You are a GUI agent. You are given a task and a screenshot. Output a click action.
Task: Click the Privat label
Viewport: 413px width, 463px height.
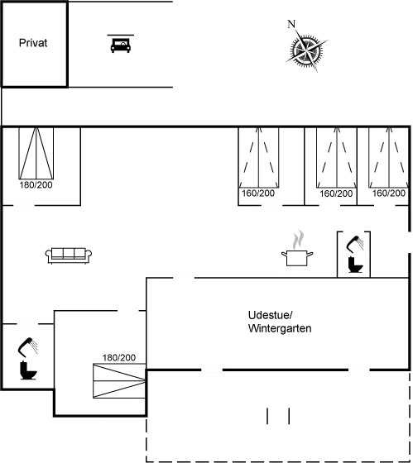click(33, 43)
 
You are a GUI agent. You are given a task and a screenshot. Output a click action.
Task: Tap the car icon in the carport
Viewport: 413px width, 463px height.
click(120, 45)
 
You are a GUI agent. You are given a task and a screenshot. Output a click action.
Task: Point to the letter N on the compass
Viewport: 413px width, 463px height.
click(291, 24)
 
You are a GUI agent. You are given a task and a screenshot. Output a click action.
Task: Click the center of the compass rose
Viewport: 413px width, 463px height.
click(306, 50)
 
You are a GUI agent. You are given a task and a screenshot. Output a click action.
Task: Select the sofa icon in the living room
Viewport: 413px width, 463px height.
click(69, 255)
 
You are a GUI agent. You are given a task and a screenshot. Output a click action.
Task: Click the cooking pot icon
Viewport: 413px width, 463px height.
click(297, 258)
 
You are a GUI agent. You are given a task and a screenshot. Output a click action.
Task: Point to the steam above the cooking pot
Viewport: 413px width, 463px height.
click(298, 239)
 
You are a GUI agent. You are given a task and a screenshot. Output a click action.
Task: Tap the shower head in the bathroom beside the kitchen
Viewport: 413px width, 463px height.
click(356, 244)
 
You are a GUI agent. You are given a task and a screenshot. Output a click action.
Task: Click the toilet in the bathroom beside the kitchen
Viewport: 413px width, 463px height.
click(355, 265)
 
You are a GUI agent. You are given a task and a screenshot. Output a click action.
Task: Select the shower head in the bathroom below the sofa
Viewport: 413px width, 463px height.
click(28, 347)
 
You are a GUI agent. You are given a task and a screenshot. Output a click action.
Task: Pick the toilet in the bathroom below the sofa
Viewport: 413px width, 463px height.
click(28, 370)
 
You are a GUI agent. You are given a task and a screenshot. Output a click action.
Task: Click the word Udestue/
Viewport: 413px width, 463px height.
click(270, 315)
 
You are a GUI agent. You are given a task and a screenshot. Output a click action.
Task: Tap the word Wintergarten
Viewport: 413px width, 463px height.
click(280, 328)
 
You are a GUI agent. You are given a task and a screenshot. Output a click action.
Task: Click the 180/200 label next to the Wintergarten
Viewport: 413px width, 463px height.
click(119, 358)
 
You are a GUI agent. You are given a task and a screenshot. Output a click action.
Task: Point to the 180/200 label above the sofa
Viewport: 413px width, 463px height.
click(36, 185)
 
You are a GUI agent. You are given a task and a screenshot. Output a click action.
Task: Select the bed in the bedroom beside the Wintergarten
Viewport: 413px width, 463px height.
click(119, 381)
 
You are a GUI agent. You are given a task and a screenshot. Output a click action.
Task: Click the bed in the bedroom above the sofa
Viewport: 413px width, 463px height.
click(36, 153)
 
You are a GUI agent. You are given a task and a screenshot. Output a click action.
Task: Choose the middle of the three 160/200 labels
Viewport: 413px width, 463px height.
click(336, 193)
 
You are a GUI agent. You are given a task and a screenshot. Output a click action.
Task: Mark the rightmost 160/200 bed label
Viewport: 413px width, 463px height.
click(388, 193)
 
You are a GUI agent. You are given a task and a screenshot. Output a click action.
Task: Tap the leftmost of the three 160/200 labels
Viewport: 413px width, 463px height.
click(258, 193)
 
